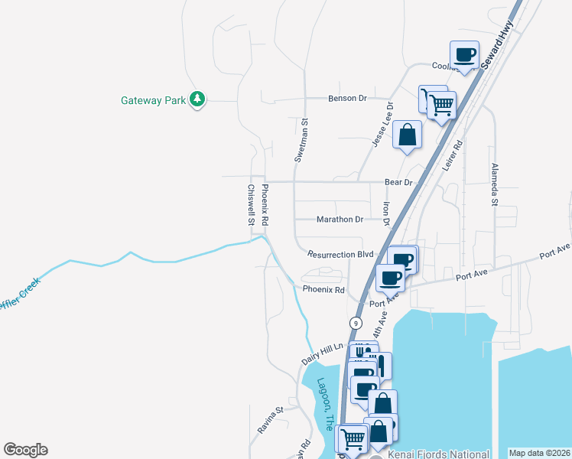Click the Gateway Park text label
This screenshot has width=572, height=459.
(x=153, y=100)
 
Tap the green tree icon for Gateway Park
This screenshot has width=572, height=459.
(x=197, y=99)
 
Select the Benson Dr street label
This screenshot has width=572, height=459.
(x=348, y=99)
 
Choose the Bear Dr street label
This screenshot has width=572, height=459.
(x=398, y=183)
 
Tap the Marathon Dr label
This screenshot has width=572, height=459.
(x=340, y=220)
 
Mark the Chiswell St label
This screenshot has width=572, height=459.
(x=250, y=204)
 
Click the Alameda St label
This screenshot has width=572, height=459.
(x=494, y=184)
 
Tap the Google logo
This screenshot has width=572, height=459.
(x=25, y=450)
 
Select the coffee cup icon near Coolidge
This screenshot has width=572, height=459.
(x=465, y=55)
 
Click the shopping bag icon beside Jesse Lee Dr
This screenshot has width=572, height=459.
(x=408, y=135)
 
